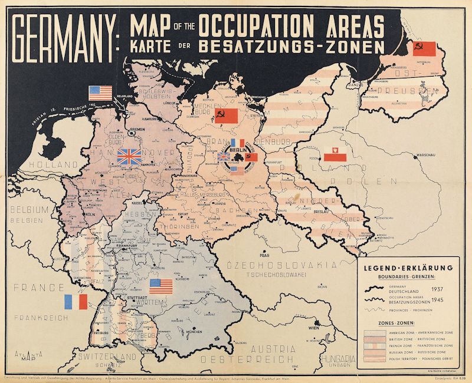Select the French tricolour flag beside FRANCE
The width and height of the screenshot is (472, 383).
76,302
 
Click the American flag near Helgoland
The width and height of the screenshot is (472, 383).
100,93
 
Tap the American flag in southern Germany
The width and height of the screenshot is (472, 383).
160,286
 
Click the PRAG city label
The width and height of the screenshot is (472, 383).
263,256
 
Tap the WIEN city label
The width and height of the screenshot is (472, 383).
313,328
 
